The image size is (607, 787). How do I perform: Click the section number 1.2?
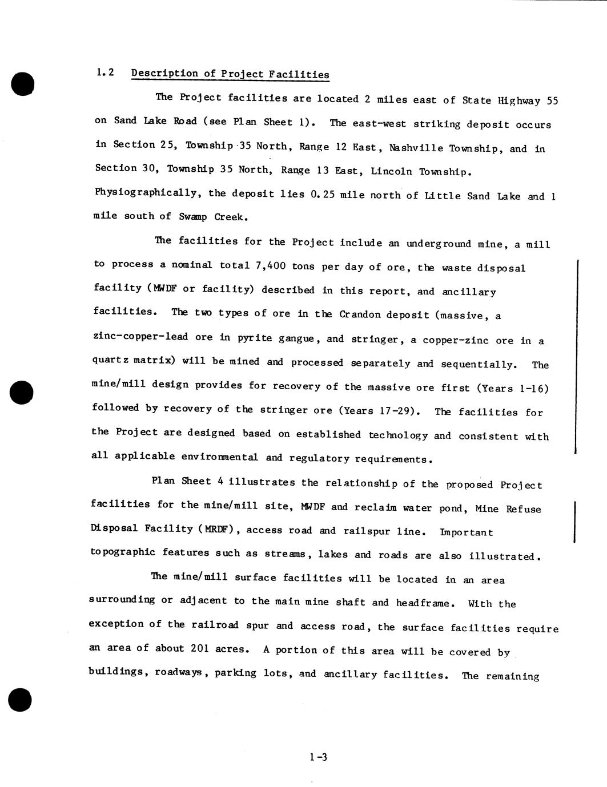pos(105,72)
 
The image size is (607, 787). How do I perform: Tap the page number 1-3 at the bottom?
pos(318,757)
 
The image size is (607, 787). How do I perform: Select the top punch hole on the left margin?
pos(22,84)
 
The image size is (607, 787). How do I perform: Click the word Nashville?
pos(416,148)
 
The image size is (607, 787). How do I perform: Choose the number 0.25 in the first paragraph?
pos(322,195)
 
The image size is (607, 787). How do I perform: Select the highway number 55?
pos(552,101)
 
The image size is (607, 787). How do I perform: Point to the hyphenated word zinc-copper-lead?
pos(140,337)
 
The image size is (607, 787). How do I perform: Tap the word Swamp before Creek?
pos(193,217)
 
